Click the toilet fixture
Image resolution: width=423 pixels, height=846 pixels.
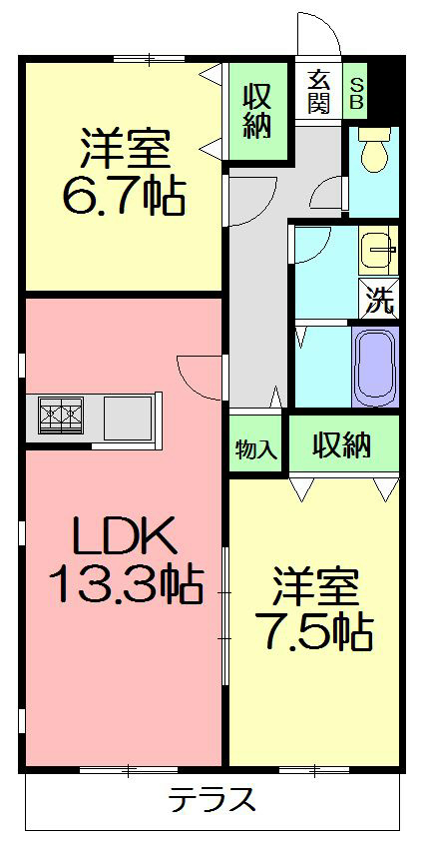pyautogui.click(x=373, y=152)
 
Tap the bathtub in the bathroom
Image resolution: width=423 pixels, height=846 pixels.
pyautogui.click(x=375, y=367)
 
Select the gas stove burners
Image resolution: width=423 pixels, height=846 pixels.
pyautogui.click(x=60, y=414)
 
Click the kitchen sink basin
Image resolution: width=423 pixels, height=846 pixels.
pyautogui.click(x=127, y=414)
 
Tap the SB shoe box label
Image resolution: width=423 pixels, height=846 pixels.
pyautogui.click(x=356, y=92)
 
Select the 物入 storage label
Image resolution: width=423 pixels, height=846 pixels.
pyautogui.click(x=256, y=448)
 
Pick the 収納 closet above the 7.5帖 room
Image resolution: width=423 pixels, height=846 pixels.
pyautogui.click(x=344, y=445)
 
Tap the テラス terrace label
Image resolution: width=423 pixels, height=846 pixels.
pyautogui.click(x=211, y=799)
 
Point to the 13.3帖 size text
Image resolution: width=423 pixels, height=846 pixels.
pyautogui.click(x=125, y=583)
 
